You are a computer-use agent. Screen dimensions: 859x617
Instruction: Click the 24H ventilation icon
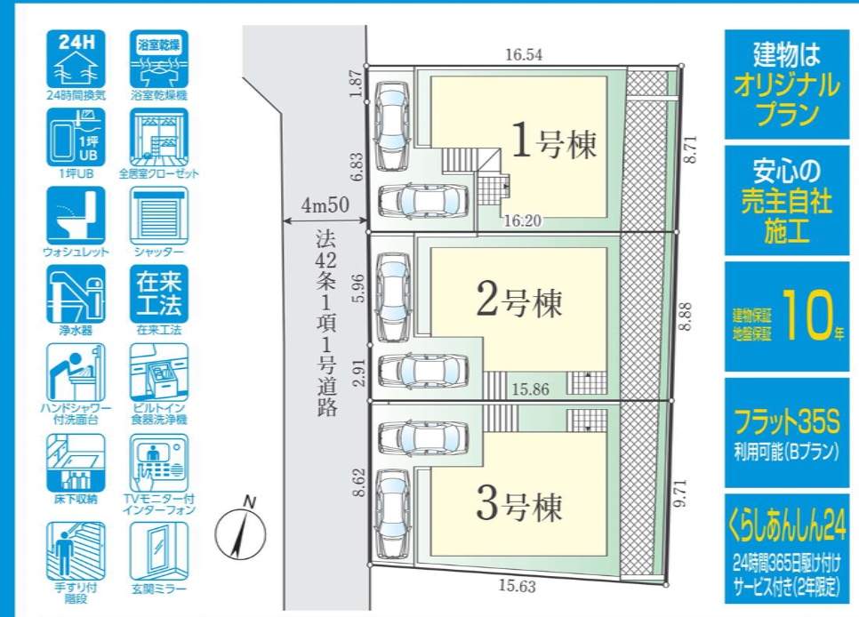coord(76,60)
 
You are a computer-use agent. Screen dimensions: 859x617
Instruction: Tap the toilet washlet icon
coord(76,216)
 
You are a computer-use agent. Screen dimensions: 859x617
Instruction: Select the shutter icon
coord(159,216)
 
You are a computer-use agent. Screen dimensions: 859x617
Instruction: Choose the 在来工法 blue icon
coord(159,294)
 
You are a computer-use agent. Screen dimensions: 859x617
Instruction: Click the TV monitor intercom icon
coord(159,463)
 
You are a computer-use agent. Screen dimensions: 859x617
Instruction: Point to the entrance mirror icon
coord(159,551)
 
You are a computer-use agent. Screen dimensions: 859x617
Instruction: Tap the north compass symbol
coord(240,532)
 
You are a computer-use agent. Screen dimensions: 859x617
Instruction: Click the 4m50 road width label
coord(325,205)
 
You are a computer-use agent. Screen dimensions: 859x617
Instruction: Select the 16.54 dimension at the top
coord(524,55)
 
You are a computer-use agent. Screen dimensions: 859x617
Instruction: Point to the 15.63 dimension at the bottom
coord(518,586)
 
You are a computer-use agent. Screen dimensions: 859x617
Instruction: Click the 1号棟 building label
coord(553,142)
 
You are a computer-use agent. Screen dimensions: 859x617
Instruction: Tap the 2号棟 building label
coord(519,301)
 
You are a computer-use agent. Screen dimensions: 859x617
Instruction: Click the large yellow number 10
coord(807,315)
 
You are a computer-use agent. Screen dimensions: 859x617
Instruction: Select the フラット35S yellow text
coord(787,422)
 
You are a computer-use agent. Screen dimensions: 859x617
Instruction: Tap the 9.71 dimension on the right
coord(680,493)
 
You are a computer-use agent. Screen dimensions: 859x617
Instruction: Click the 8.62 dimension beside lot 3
coord(359,482)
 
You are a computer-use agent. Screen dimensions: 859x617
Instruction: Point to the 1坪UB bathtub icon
coord(76,138)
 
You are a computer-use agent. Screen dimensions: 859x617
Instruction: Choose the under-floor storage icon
coord(76,463)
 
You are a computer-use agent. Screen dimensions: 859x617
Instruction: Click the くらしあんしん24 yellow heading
coord(787,525)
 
